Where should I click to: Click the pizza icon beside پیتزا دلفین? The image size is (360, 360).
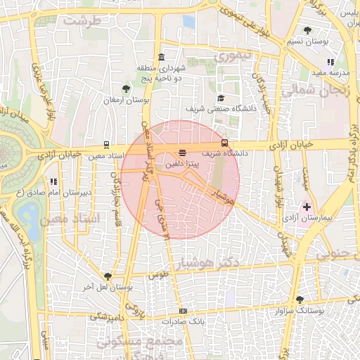click(x=183, y=152)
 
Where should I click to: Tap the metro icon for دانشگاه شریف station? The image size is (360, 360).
click(x=224, y=143)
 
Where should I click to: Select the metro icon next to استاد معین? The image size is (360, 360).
click(x=106, y=145)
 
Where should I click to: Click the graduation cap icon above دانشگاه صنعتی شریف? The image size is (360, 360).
click(x=221, y=98)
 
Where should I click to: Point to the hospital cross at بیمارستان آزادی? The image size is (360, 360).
click(x=307, y=207)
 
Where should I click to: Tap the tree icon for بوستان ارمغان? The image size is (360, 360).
click(x=125, y=89)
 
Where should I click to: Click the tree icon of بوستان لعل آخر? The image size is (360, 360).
click(x=108, y=276)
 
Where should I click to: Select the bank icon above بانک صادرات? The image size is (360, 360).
click(x=183, y=311)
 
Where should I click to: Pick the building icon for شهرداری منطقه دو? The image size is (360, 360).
click(x=162, y=57)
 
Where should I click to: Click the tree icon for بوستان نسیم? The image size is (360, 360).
click(x=307, y=30)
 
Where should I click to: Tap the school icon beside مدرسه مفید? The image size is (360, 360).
click(x=330, y=62)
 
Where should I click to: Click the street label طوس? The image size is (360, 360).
click(x=156, y=276)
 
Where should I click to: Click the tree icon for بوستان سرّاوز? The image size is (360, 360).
click(x=300, y=300)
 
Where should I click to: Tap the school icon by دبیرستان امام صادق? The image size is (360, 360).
click(x=54, y=182)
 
